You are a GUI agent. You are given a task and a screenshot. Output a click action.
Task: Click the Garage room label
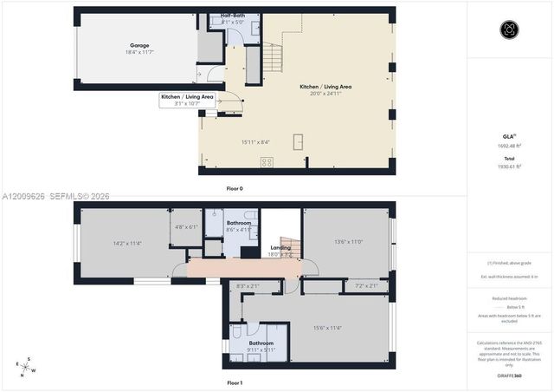[140, 45]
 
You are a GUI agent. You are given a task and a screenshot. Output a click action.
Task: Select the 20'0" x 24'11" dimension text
[325, 95]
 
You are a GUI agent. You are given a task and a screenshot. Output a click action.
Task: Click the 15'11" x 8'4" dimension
[255, 142]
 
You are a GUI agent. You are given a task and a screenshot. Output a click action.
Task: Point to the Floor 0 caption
[235, 188]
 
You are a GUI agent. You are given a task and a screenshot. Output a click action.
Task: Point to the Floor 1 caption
[235, 382]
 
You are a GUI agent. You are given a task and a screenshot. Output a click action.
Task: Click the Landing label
[280, 248]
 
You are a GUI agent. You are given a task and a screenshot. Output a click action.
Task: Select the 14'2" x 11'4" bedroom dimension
[127, 244]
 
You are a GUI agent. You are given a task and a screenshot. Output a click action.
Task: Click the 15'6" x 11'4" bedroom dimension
[327, 328]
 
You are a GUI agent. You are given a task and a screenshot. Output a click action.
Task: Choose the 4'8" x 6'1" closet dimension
[186, 227]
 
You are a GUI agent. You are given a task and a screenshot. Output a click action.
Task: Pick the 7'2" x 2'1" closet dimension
[366, 285]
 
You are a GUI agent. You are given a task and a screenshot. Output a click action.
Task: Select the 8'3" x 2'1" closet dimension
[248, 285]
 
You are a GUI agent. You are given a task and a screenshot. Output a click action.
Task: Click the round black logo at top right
[509, 29]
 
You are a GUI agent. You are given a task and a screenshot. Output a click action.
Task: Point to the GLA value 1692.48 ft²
[509, 146]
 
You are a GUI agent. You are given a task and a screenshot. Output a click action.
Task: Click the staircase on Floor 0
[273, 58]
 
